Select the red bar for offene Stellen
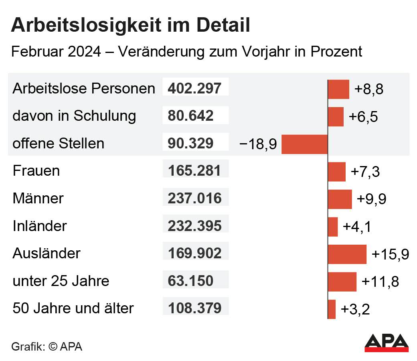point(304,144)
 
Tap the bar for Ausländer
point(347,254)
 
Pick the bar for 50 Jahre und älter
point(332,309)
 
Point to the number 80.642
point(190,116)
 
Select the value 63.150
point(190,281)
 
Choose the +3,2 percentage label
point(355,309)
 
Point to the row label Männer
point(38,199)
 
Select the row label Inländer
point(40,226)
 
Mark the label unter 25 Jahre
point(61,281)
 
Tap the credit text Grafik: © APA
point(47,347)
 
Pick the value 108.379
point(194,308)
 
